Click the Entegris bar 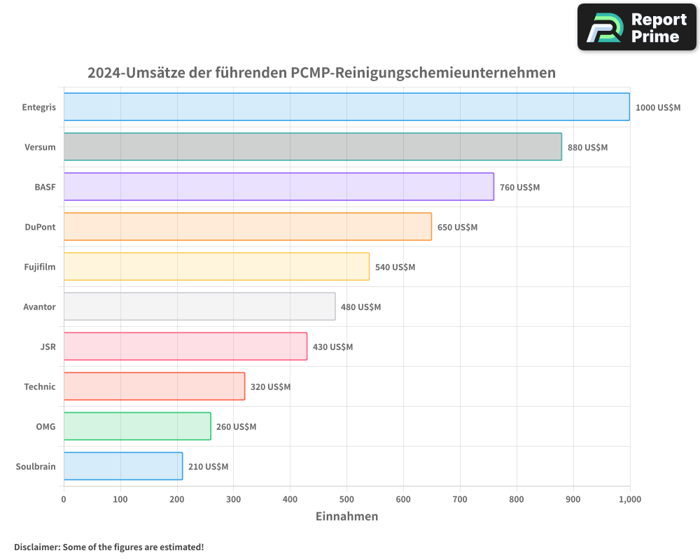click(x=346, y=107)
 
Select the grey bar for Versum click(x=312, y=147)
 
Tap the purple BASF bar click(x=279, y=187)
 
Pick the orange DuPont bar click(x=247, y=227)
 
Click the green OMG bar click(x=137, y=426)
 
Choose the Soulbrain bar click(x=123, y=466)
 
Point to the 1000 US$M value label click(x=657, y=108)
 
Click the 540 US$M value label click(x=395, y=267)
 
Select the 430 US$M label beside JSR click(x=332, y=347)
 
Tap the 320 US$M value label click(x=270, y=387)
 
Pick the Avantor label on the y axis click(x=39, y=307)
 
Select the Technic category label click(x=40, y=386)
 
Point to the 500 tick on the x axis click(x=346, y=499)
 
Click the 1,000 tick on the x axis click(x=629, y=499)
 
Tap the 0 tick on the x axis click(x=64, y=499)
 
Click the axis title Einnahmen click(x=346, y=517)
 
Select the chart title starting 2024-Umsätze click(x=321, y=72)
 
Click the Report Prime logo click(x=637, y=27)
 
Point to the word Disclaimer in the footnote click(x=37, y=547)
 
